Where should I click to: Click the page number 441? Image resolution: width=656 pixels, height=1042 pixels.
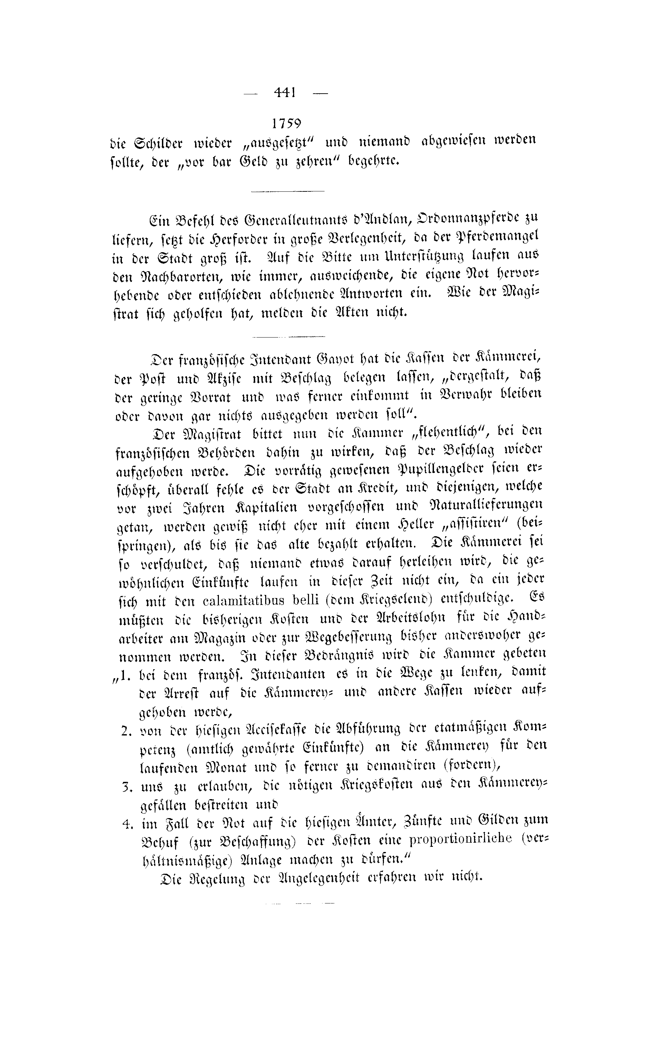point(284,93)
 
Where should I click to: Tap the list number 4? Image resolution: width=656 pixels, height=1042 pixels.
point(126,824)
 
